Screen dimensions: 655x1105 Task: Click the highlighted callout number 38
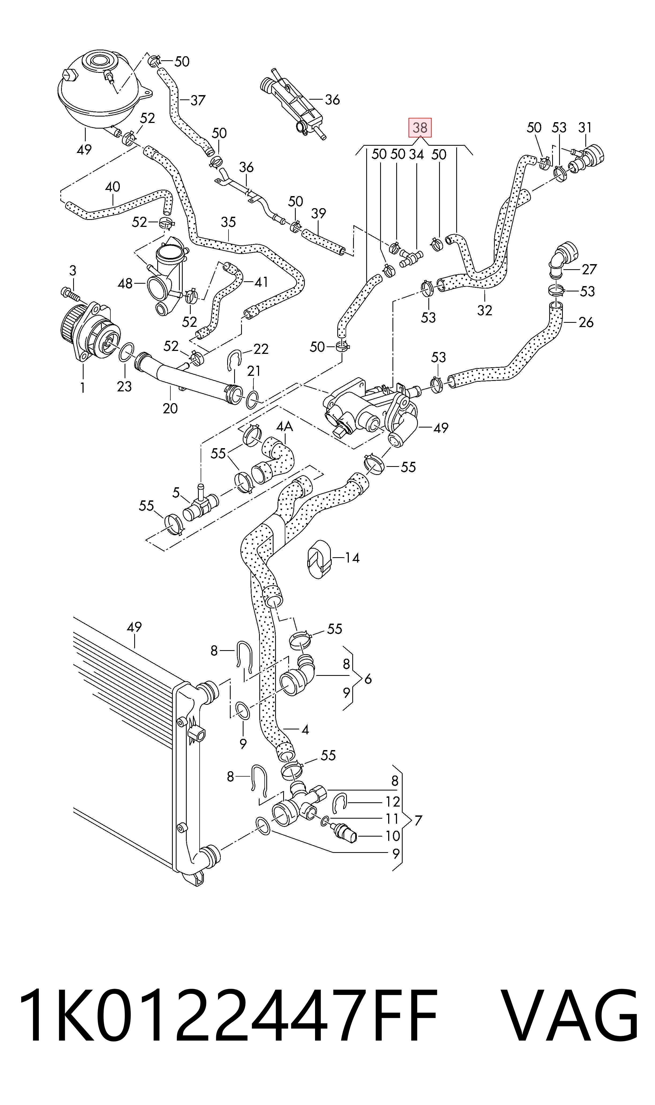point(420,128)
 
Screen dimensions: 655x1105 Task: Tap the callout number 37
point(198,101)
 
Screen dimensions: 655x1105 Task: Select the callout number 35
point(228,222)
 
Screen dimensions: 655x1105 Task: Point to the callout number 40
point(113,187)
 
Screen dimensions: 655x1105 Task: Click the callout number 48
point(125,283)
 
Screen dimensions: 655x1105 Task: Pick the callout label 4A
point(285,427)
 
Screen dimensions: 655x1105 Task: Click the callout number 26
point(586,322)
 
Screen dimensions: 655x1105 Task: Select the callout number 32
point(485,311)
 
